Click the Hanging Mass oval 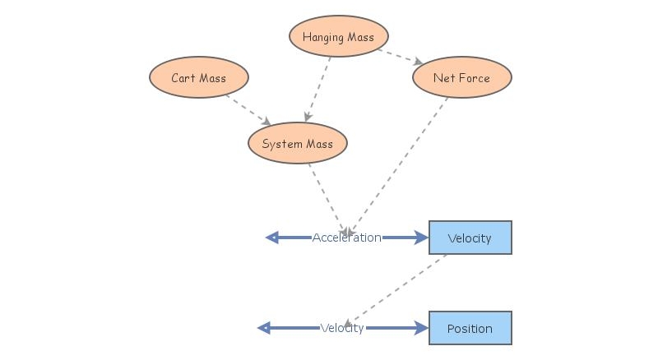point(338,37)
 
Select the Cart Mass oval point(198,78)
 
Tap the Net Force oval point(461,78)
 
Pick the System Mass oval point(297,144)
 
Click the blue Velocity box point(470,238)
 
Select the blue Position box point(470,328)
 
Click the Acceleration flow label point(346,238)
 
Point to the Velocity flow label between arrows point(342,328)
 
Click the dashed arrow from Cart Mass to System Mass point(248,109)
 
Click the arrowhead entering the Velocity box point(422,238)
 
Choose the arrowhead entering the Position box point(422,328)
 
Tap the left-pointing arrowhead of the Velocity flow point(264,328)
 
